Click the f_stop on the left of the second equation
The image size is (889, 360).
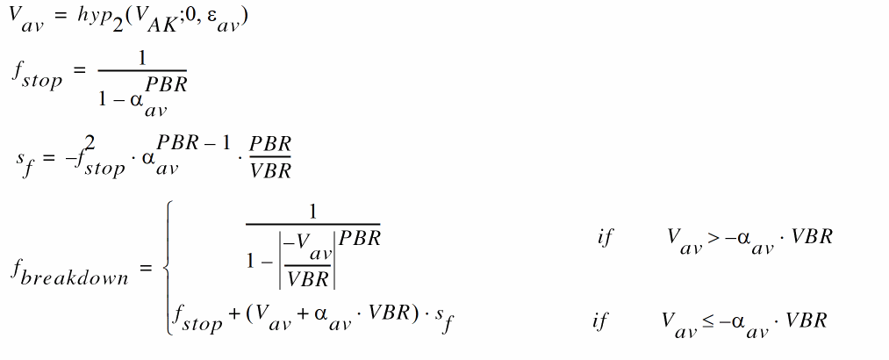click(x=36, y=76)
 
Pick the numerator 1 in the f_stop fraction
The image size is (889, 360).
click(x=142, y=59)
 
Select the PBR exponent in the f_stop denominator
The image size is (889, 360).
click(x=166, y=84)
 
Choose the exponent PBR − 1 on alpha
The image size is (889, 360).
click(x=194, y=143)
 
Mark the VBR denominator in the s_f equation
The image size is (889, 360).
click(x=270, y=170)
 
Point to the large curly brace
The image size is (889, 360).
click(x=168, y=268)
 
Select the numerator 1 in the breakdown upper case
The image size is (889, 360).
click(x=312, y=212)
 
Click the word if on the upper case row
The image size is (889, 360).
click(x=605, y=238)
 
